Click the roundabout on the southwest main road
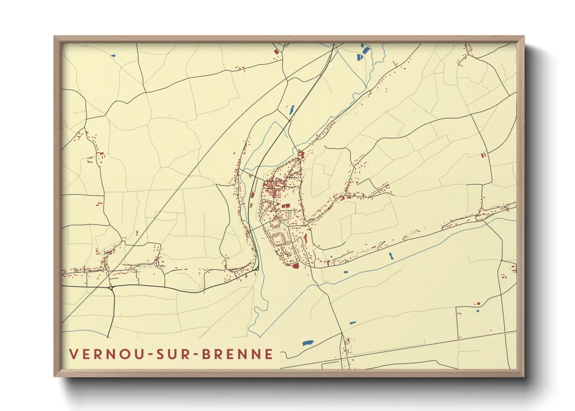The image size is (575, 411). [x=112, y=288]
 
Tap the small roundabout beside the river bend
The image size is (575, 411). [x=257, y=268]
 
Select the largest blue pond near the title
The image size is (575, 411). [x=307, y=343]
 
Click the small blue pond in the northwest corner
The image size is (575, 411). [x=113, y=56]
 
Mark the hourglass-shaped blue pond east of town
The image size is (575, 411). [x=391, y=256]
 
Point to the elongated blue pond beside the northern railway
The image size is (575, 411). [x=291, y=110]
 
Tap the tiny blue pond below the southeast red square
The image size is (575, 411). [x=477, y=311]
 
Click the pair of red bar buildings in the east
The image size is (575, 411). [x=484, y=155]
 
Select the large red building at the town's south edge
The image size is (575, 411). [x=294, y=266]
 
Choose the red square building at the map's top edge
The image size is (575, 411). [x=276, y=51]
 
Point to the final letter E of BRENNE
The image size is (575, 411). [x=269, y=354]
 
